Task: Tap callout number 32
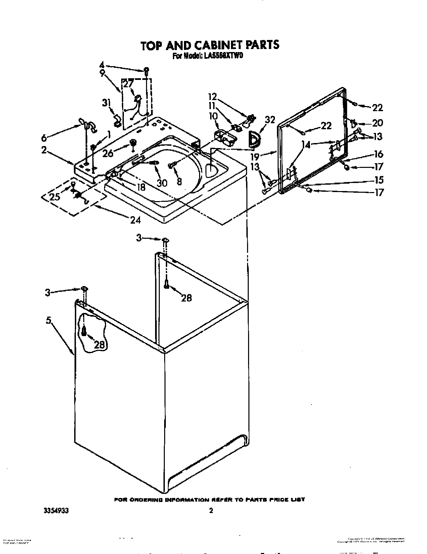[x=270, y=120]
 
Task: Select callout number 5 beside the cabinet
[x=49, y=321]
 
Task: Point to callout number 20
[x=377, y=123]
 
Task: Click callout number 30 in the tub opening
[x=162, y=182]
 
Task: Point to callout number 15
[x=379, y=180]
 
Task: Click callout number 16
[x=378, y=154]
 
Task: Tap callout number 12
[x=212, y=97]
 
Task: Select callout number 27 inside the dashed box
[x=129, y=83]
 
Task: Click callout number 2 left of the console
[x=44, y=150]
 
